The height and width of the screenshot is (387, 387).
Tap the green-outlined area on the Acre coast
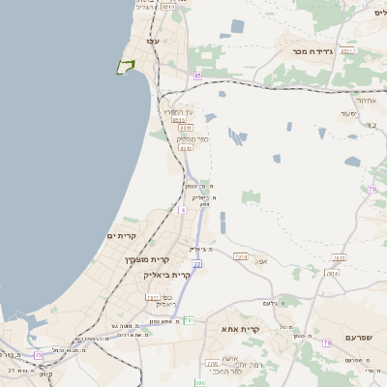124,67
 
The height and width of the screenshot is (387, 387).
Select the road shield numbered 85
197,75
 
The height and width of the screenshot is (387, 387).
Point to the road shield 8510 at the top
170,7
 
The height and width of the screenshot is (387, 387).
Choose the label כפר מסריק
188,138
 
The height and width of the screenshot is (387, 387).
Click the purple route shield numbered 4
182,210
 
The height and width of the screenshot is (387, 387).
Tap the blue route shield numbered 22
196,263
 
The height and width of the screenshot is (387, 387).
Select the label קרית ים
122,236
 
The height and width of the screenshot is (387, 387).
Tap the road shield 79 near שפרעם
327,343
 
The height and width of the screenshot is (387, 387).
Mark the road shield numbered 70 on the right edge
371,189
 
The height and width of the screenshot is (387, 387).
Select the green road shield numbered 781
189,320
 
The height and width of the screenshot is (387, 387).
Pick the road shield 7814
333,274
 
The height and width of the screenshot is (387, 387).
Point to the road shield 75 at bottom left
39,355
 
